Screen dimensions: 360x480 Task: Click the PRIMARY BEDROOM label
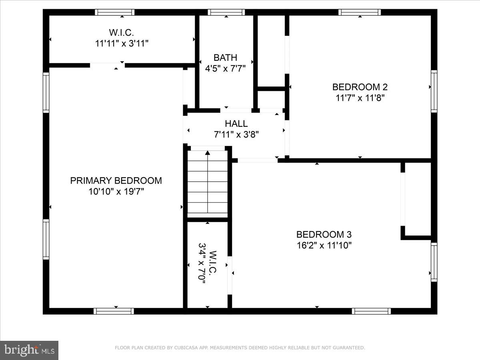[x=116, y=180]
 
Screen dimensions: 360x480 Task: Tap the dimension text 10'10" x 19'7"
[x=116, y=192]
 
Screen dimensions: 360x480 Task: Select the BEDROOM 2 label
[x=360, y=87]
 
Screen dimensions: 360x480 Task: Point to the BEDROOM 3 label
[x=324, y=234]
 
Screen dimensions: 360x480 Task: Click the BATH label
[x=225, y=58]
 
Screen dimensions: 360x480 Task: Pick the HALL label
[x=236, y=124]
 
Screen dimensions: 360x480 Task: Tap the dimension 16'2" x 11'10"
[x=324, y=245]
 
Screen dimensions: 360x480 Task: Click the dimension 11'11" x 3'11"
[x=122, y=43]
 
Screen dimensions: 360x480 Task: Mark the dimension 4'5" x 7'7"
[x=225, y=68]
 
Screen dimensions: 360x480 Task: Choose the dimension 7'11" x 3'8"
[x=236, y=134]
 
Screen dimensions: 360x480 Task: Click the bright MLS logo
[x=29, y=350]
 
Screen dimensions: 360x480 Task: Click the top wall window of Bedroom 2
[x=360, y=12]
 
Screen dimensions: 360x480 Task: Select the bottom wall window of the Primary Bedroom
[x=114, y=311]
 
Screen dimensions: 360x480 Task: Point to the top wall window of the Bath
[x=226, y=12]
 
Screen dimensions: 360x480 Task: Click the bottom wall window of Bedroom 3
[x=371, y=311]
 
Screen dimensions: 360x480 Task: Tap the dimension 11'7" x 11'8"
[x=360, y=98]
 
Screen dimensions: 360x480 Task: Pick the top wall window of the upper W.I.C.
[x=115, y=12]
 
